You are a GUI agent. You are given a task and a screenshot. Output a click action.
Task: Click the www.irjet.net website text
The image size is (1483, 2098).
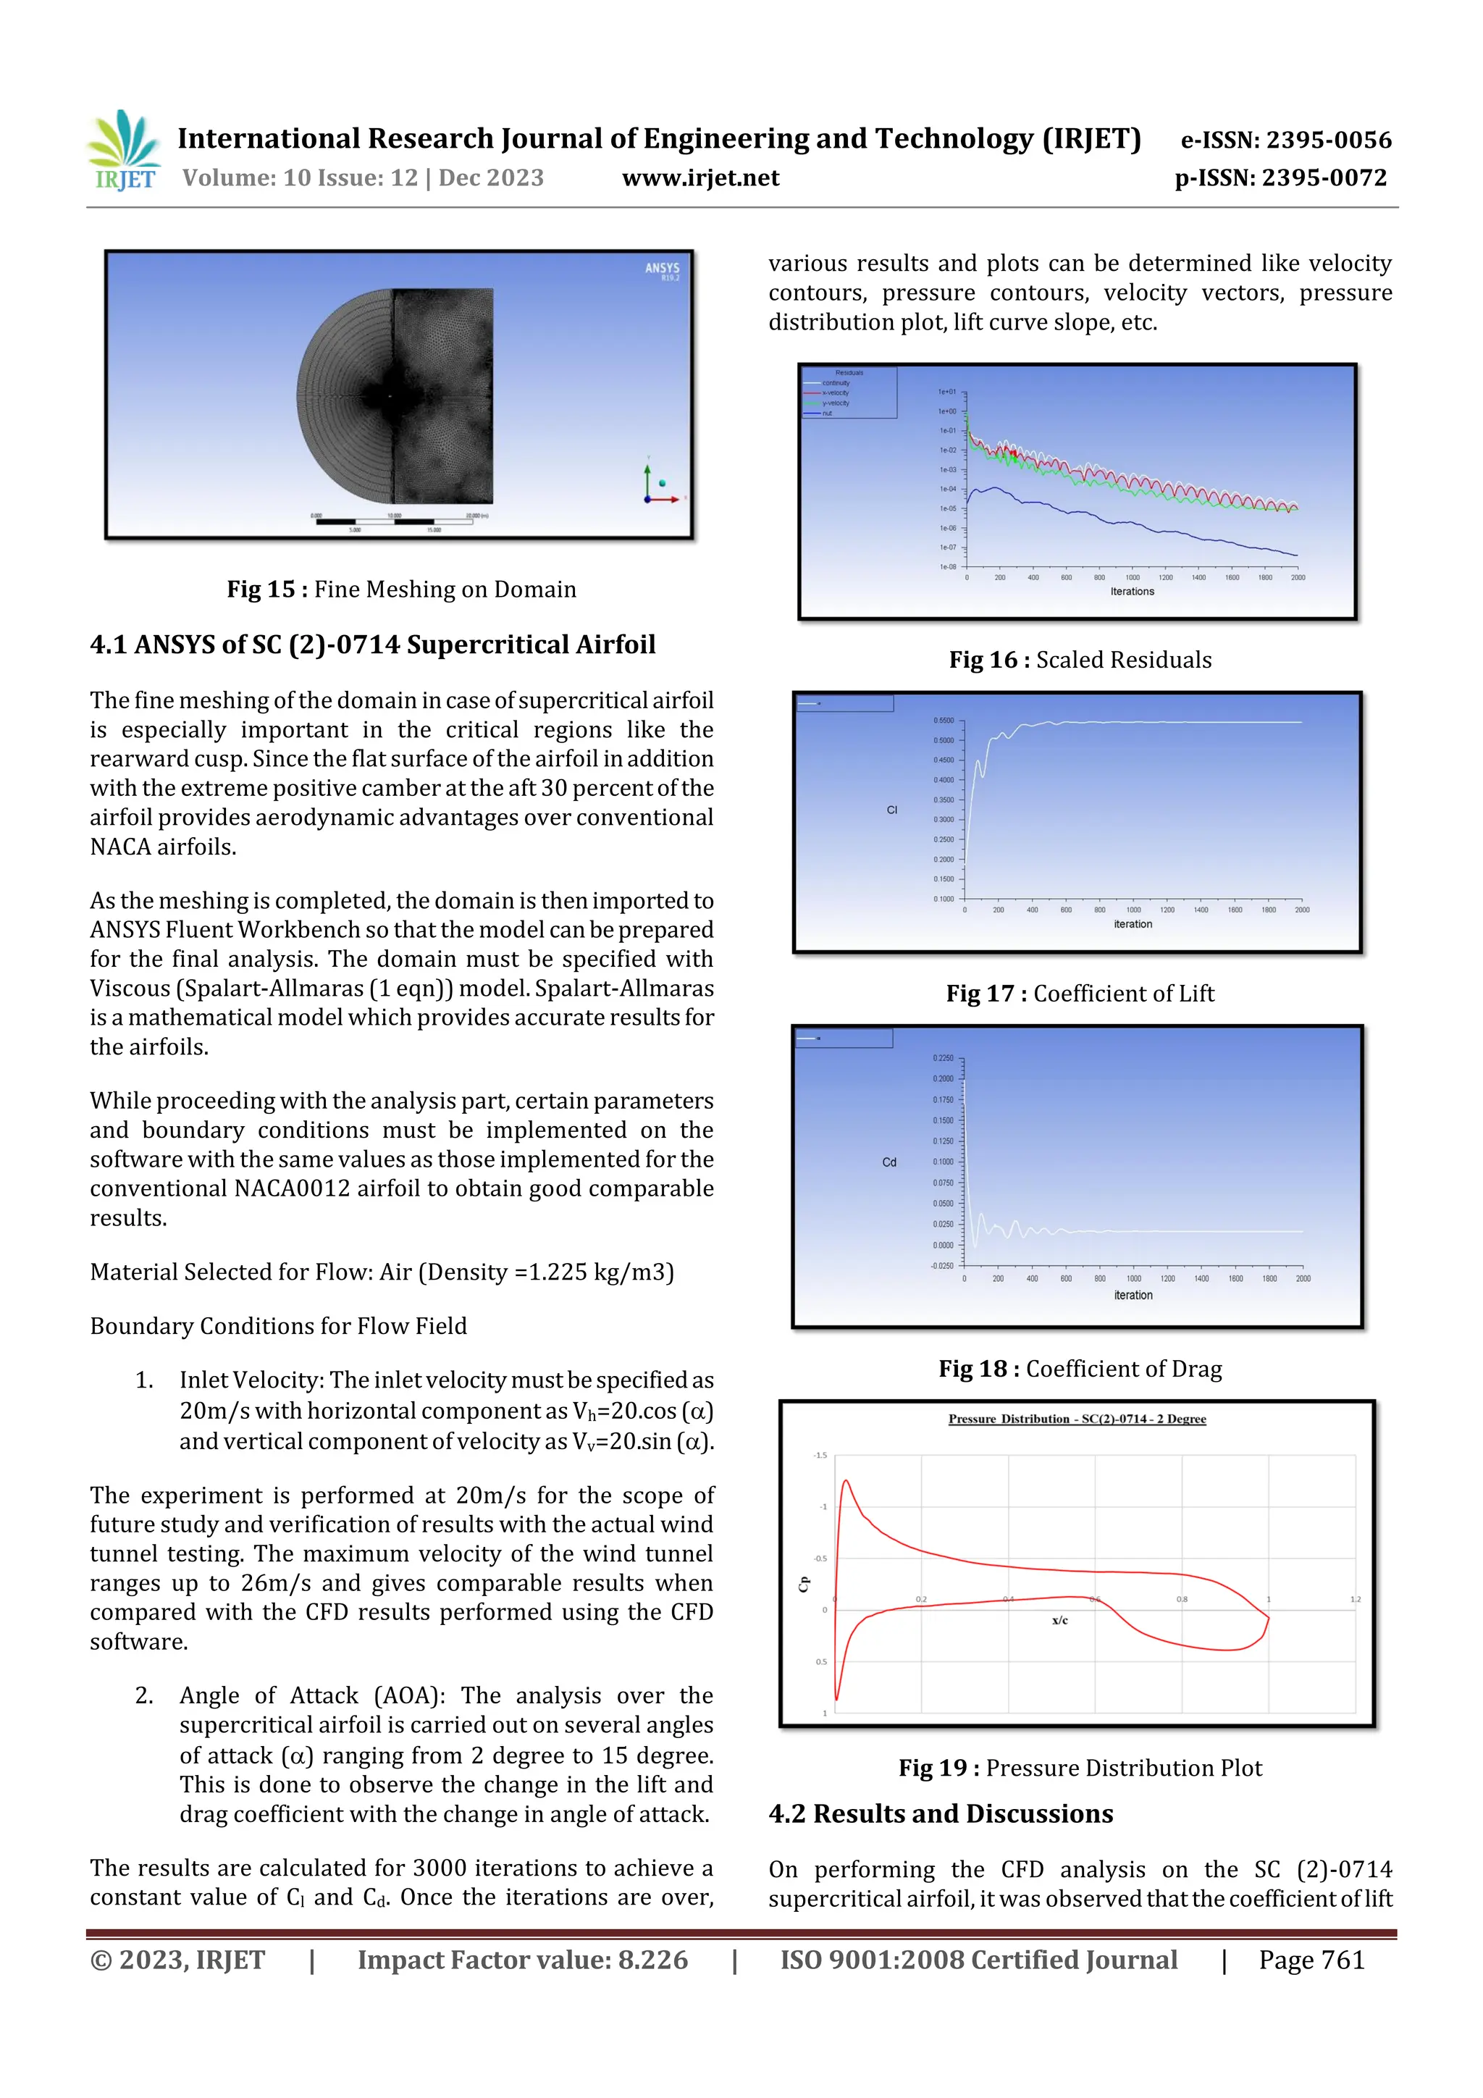tap(700, 178)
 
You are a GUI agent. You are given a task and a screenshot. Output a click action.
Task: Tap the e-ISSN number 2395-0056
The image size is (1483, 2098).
tap(1327, 140)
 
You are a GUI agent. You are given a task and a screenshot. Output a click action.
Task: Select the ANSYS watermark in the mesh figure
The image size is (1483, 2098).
tap(662, 269)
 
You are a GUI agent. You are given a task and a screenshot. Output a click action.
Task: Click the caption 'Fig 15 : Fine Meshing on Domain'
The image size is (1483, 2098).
tap(401, 589)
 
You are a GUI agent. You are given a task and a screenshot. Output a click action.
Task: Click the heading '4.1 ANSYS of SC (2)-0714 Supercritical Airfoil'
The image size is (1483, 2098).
tap(373, 645)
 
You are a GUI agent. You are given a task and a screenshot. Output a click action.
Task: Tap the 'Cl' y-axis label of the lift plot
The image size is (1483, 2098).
tap(892, 810)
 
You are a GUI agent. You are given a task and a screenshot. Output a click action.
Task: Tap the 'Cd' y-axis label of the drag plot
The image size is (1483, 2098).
tap(889, 1162)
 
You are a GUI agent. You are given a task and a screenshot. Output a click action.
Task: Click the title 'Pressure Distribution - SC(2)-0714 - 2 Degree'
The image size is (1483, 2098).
tap(1076, 1419)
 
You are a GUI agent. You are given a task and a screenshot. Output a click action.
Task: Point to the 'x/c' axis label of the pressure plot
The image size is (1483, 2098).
tap(1059, 1620)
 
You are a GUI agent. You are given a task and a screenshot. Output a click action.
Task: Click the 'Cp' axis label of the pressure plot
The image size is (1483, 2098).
tap(804, 1585)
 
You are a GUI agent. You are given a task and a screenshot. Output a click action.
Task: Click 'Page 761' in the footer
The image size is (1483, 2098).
tap(1311, 1960)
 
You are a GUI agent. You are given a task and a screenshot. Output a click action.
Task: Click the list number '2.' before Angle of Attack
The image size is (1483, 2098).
tap(144, 1696)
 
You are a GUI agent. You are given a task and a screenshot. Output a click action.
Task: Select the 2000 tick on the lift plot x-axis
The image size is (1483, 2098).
tap(1302, 910)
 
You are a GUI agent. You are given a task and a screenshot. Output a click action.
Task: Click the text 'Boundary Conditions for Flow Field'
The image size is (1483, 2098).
tap(278, 1326)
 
